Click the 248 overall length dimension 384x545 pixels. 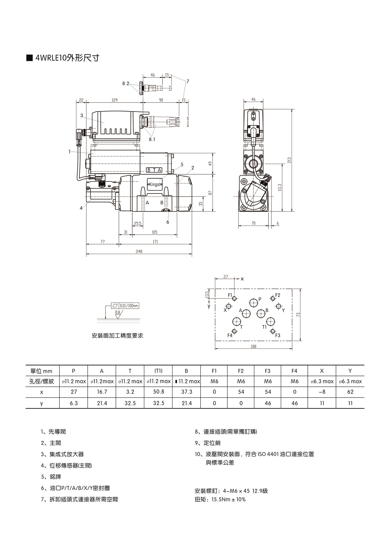139,252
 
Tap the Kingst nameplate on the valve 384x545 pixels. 155,184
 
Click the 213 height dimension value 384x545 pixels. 289,160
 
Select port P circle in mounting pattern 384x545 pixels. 253,302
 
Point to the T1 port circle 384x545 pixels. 271,322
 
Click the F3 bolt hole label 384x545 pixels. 278,335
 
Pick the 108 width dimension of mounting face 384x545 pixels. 253,346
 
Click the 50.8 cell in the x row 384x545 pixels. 159,392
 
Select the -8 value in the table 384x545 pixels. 322,392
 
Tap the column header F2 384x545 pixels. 241,371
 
